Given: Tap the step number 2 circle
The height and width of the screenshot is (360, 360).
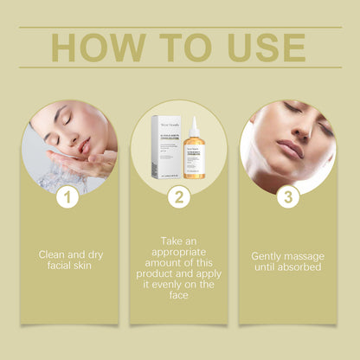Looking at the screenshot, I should (179, 198).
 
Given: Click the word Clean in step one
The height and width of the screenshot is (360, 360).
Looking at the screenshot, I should (52, 255).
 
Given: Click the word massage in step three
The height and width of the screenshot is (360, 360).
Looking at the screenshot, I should (308, 255).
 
